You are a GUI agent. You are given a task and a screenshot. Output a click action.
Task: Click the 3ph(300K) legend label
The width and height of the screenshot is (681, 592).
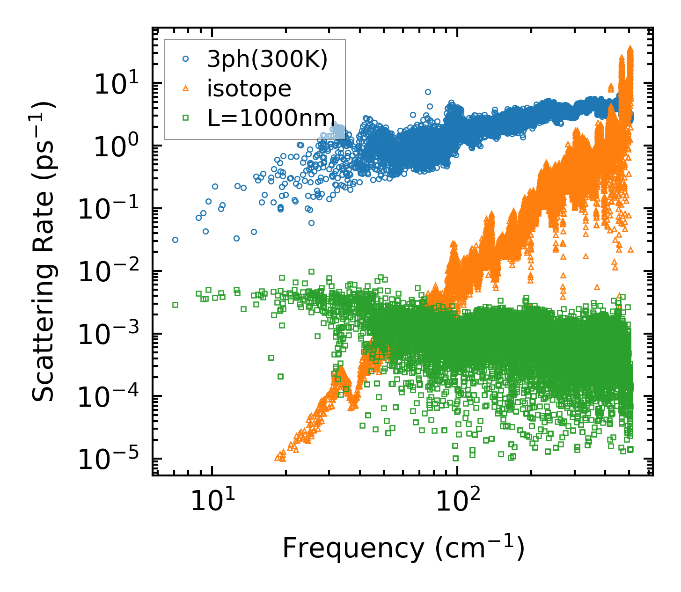click(267, 59)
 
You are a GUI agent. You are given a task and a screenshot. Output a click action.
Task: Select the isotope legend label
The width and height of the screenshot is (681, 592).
click(249, 88)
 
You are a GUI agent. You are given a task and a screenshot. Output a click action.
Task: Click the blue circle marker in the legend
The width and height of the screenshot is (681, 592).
click(186, 59)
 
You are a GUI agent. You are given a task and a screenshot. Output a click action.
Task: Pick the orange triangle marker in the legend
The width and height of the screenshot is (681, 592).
click(186, 88)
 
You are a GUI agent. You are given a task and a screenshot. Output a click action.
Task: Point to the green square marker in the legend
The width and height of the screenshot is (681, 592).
click(186, 118)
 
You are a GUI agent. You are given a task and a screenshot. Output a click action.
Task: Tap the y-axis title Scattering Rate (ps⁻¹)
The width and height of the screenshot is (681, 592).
click(44, 251)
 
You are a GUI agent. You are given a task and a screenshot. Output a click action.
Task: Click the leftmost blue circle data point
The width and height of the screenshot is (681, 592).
click(175, 240)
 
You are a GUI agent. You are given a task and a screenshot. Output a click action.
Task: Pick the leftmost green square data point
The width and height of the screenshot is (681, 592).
click(175, 305)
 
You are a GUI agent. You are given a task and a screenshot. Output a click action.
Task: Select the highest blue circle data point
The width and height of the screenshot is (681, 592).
click(428, 92)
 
